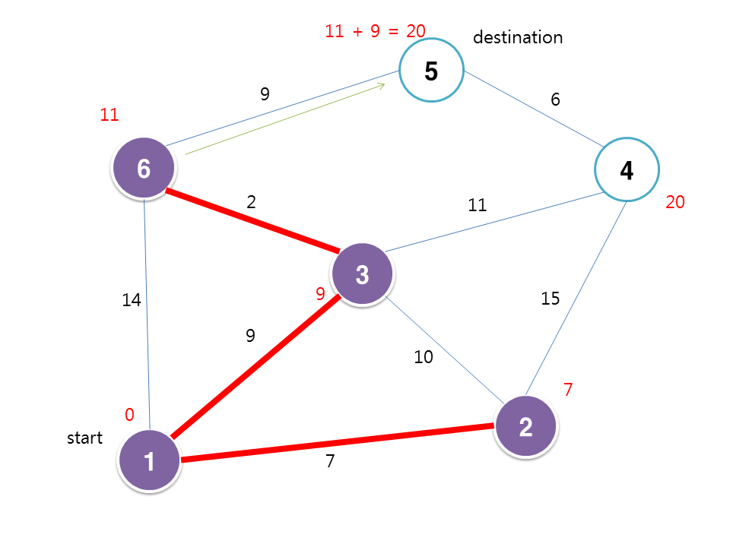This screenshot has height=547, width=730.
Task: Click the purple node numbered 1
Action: coord(150,461)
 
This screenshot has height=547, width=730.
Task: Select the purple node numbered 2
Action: coord(525,427)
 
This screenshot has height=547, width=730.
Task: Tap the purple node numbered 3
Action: coord(363,274)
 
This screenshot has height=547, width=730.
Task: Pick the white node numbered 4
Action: coord(627,170)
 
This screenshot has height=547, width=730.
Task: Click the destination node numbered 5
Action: coord(431,71)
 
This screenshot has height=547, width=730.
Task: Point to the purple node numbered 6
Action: coord(144,169)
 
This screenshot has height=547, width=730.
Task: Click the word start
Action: coord(85,438)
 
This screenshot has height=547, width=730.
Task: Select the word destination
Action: coord(518,37)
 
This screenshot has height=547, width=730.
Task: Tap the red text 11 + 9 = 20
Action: coord(375,31)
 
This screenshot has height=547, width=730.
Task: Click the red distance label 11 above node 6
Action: coord(109,115)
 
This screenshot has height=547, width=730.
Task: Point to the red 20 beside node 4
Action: coord(675,202)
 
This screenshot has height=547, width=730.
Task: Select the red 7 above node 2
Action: coord(567,390)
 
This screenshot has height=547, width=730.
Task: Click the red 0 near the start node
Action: coord(129,415)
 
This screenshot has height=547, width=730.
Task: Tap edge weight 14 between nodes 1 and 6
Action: coord(132,301)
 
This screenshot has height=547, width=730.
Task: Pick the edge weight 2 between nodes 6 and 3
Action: coord(251,202)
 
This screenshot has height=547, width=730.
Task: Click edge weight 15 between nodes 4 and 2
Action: coord(550,299)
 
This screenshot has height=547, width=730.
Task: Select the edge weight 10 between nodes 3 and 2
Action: coord(424,356)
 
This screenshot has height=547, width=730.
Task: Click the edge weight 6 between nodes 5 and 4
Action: coord(556,100)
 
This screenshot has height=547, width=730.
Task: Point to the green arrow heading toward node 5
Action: coord(285,120)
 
